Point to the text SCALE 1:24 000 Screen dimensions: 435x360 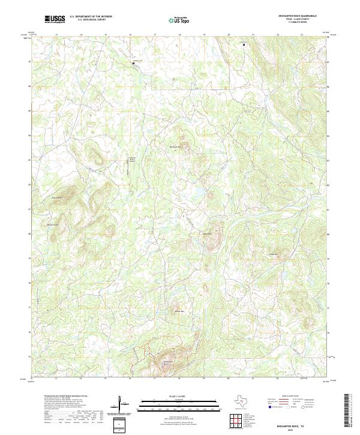180,395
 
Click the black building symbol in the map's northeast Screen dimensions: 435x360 244,44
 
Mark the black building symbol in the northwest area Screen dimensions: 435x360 133,62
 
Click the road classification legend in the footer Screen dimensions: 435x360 294,403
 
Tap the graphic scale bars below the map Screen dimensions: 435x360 180,403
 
